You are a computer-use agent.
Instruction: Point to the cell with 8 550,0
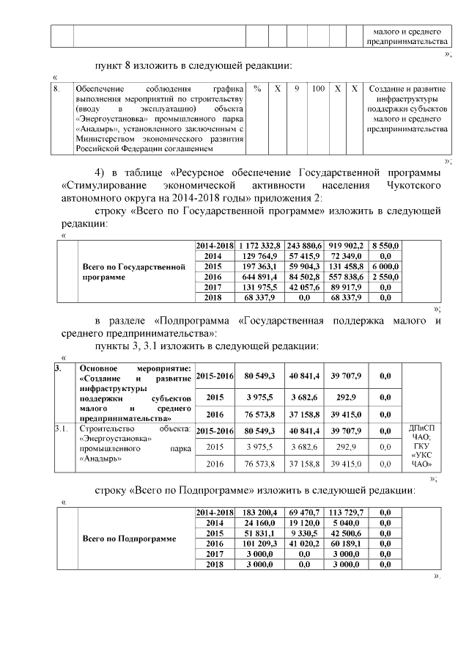[x=385, y=245]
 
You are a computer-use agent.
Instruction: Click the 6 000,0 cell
[x=385, y=266]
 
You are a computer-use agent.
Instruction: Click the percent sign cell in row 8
[x=257, y=88]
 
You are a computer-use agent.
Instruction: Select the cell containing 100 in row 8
[x=317, y=88]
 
